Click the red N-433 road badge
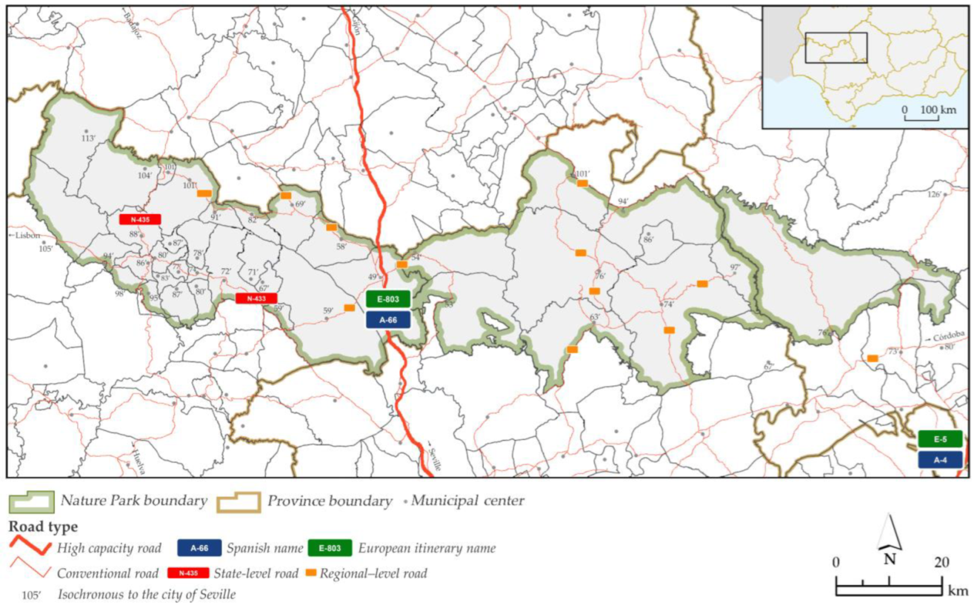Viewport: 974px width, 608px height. coord(256,299)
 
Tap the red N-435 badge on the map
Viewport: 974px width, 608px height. coord(140,219)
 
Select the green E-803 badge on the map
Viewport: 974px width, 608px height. coord(388,299)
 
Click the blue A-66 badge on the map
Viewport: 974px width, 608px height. coord(388,320)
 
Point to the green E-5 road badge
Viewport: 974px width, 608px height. coord(940,439)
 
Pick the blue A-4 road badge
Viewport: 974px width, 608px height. coord(940,460)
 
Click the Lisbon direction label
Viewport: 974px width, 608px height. coord(26,235)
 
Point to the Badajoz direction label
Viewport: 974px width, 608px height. coord(133,25)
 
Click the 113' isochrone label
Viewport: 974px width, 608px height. coord(88,138)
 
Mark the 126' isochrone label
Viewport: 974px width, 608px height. coord(934,194)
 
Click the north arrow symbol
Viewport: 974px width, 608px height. coord(889,533)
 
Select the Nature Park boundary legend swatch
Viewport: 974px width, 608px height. coord(31,501)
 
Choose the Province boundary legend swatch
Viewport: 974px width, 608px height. coord(238,502)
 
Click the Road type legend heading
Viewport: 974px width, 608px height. coord(43,526)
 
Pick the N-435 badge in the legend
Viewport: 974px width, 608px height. coord(188,573)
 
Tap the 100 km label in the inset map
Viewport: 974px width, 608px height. coord(938,110)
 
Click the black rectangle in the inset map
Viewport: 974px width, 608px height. coord(836,48)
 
